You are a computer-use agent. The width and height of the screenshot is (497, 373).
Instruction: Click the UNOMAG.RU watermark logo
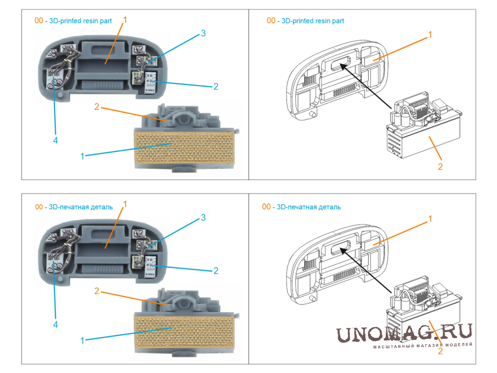tap(404, 333)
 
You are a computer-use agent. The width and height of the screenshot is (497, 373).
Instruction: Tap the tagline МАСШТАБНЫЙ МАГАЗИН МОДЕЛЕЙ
tap(423, 345)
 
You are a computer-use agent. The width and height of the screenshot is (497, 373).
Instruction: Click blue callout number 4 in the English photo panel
tap(56, 140)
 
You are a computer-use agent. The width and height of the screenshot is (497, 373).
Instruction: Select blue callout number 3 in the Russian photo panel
tap(203, 217)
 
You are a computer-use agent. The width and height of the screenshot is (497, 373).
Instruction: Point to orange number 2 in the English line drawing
tap(440, 167)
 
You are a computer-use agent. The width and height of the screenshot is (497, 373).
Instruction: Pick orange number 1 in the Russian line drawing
tap(430, 219)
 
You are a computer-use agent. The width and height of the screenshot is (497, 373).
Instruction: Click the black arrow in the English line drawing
tap(366, 86)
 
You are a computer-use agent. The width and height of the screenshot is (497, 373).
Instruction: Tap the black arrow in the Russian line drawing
tap(366, 270)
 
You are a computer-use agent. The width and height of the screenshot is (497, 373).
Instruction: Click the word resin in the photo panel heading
tap(91, 21)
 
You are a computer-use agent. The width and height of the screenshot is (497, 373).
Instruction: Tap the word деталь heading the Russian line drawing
tap(330, 207)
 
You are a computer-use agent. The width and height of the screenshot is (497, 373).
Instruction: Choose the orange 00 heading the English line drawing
tap(271, 20)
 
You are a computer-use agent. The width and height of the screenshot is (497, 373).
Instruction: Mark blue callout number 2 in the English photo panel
tap(216, 87)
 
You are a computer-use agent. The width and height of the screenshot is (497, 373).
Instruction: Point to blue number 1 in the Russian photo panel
tap(82, 341)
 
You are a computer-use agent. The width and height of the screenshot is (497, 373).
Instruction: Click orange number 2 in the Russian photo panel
tap(96, 291)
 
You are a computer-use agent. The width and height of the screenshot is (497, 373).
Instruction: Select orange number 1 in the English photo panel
tap(125, 20)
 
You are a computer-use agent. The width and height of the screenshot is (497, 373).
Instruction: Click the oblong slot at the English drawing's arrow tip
tap(341, 63)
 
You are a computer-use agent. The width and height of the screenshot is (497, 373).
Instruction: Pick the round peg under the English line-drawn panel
tap(312, 114)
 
